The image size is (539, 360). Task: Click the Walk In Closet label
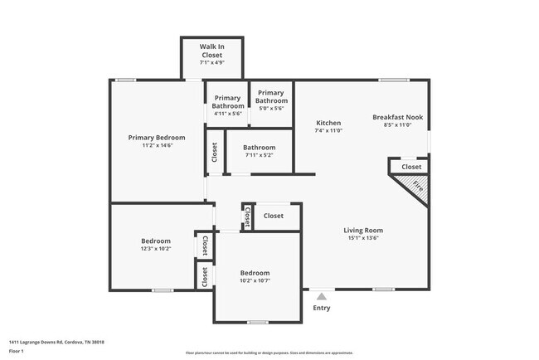212,51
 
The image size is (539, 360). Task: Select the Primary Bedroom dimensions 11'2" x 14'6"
156,146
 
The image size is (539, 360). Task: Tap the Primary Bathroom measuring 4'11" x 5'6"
228,113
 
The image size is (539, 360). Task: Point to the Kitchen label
328,122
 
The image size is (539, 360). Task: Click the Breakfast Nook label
397,117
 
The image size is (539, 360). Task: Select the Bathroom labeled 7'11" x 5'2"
259,148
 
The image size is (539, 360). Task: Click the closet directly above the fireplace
411,167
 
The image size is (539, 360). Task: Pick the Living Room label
363,230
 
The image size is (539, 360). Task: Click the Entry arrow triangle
321,294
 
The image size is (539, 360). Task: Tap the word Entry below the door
321,308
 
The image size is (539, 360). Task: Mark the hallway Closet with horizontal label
274,216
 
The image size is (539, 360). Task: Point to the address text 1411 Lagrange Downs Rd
50,341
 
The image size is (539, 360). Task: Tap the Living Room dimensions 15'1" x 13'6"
363,237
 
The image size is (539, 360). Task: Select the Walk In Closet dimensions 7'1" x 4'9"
212,63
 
